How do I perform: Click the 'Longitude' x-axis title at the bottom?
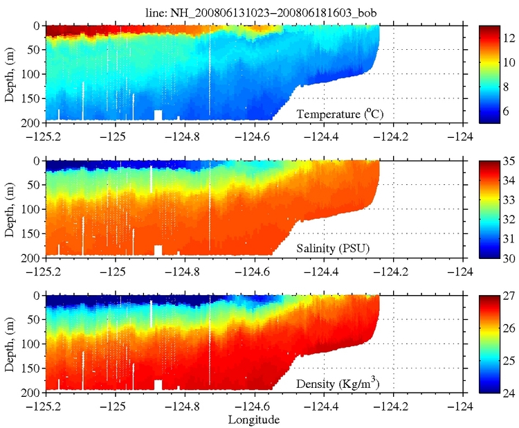(x=255, y=420)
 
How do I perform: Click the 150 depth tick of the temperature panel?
(x=30, y=98)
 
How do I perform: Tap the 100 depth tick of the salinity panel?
(x=30, y=209)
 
